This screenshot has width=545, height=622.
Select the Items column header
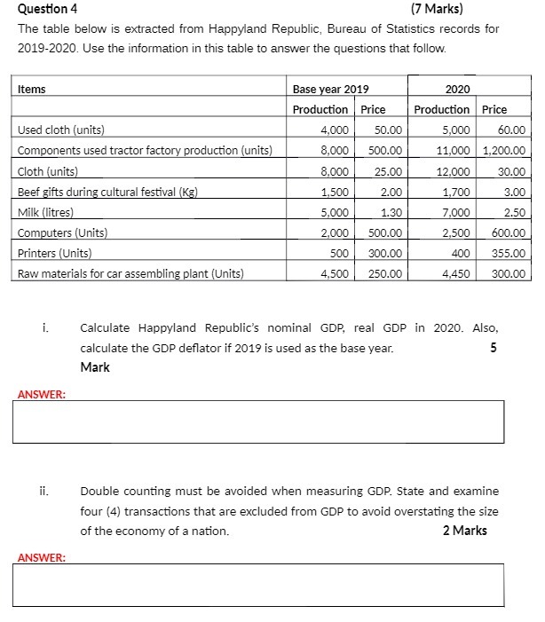click(x=32, y=89)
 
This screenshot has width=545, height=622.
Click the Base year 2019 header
click(x=330, y=89)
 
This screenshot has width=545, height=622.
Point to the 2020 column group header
click(x=457, y=89)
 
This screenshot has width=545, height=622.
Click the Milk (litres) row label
click(x=45, y=213)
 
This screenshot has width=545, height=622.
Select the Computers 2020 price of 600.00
click(x=509, y=233)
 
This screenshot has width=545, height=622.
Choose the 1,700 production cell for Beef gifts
click(x=454, y=192)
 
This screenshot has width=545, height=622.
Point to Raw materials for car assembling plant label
click(x=130, y=274)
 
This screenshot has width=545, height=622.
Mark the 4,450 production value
click(x=454, y=274)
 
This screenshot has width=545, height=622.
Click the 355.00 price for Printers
click(x=509, y=254)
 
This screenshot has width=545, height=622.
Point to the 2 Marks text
click(x=464, y=531)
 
